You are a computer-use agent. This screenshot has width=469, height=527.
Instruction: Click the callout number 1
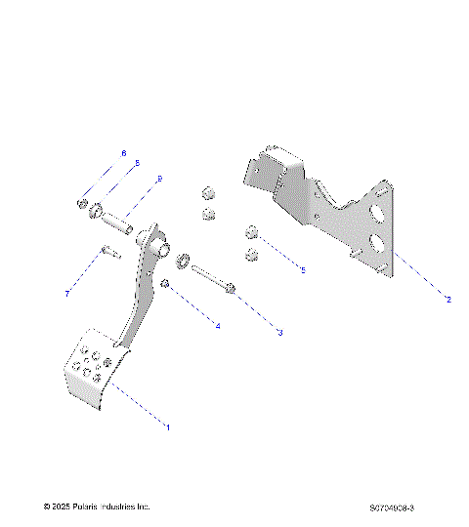168,426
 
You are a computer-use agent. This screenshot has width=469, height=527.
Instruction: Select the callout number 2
448,300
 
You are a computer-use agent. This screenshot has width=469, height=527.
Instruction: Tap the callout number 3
279,333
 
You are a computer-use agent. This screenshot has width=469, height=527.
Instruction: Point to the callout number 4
218,325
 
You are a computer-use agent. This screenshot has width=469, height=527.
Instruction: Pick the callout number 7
67,293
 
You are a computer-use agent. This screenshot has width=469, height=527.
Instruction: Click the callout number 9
159,179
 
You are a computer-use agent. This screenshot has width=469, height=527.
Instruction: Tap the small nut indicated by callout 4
167,283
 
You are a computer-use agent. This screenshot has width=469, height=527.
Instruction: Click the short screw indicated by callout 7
107,256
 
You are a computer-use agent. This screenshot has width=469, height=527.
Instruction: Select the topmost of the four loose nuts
206,192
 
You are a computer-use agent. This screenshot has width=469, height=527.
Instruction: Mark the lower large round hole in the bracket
377,244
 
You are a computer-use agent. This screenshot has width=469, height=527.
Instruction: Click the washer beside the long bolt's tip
183,261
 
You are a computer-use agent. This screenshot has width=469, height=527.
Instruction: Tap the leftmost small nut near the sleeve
82,205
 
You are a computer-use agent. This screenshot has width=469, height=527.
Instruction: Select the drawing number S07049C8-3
392,507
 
